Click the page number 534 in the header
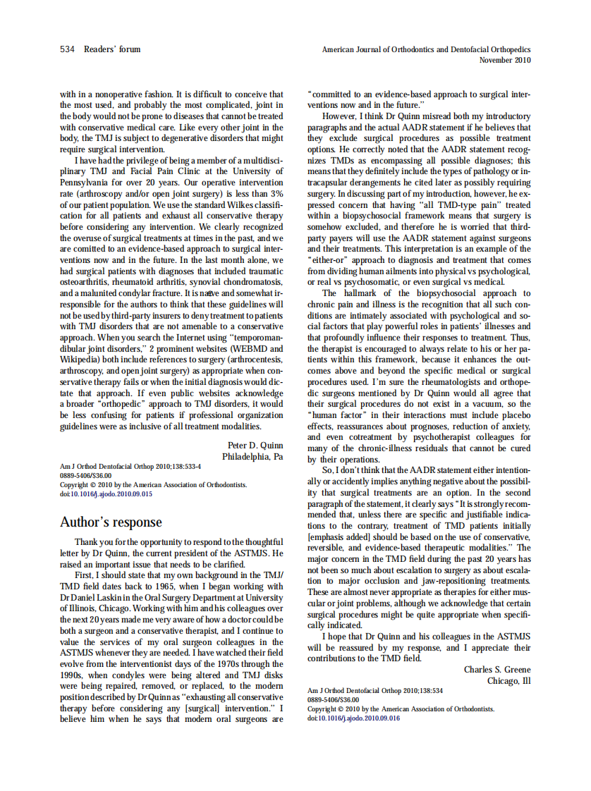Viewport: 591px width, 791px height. coord(67,49)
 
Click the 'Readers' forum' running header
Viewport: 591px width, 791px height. coord(112,49)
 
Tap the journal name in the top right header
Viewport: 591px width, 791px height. coord(426,50)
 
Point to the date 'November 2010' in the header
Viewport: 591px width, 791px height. coord(505,60)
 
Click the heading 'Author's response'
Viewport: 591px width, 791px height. coord(111,522)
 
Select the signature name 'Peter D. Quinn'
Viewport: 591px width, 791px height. coord(255,446)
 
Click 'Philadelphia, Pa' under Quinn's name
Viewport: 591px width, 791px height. coord(252,457)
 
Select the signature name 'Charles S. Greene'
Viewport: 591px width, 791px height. coord(497,669)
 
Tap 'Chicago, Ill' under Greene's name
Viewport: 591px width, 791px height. coord(508,680)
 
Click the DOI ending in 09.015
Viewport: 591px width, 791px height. coord(106,493)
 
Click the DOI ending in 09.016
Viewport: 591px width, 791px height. coord(353,718)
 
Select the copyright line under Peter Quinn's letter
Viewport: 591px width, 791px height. coord(153,484)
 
